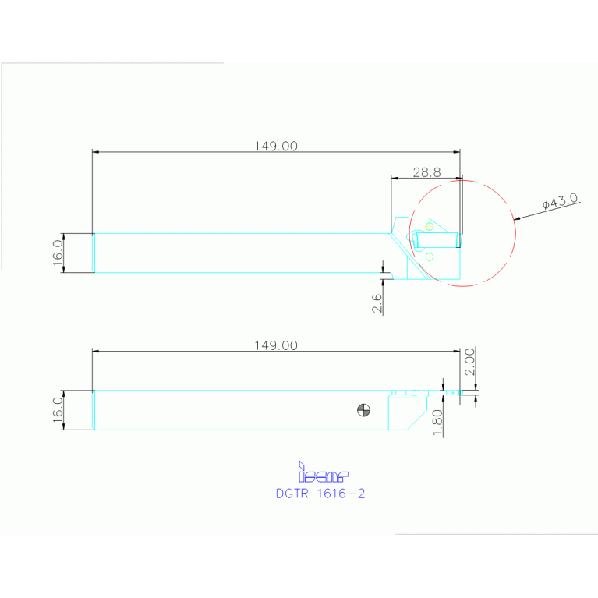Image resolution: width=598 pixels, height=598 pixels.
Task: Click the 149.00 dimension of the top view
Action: pos(276,146)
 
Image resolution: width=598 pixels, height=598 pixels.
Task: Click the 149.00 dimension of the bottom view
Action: pos(276,345)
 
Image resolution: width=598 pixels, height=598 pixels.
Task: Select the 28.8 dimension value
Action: pos(427,171)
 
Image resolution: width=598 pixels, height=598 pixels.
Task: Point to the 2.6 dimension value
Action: pos(377,303)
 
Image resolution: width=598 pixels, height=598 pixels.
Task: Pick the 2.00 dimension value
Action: pos(470,362)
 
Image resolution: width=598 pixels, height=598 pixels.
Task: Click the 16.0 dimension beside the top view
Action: pos(58,253)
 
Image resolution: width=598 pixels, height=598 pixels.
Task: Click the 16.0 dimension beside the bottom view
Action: pos(58,410)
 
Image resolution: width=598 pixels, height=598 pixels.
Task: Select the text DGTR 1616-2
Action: pos(320,494)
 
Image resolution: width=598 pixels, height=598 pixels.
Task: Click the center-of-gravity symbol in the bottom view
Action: pos(363,409)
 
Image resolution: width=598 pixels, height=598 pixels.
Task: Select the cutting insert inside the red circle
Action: pos(437,238)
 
